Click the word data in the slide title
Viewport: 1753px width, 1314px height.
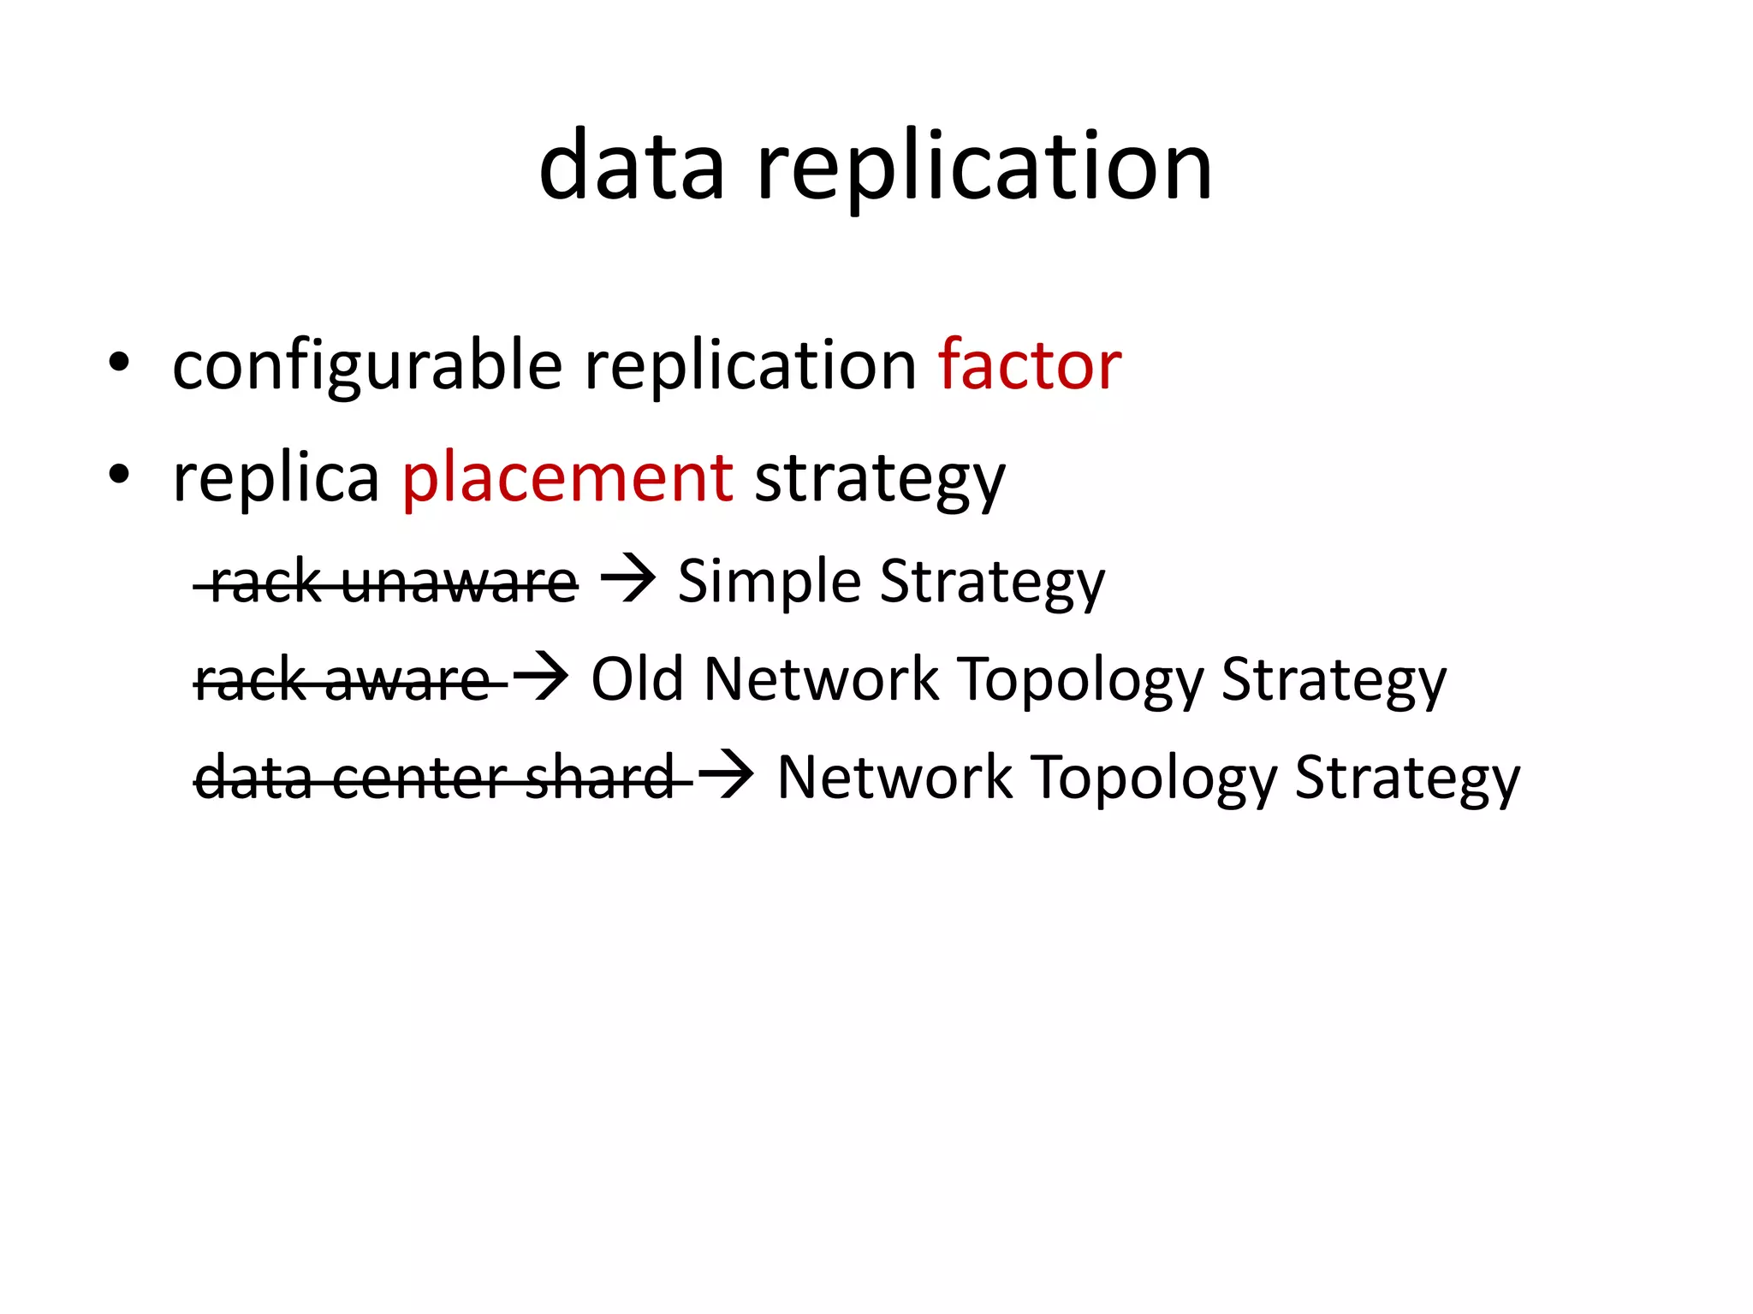pos(632,166)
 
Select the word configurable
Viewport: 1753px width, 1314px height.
pos(367,366)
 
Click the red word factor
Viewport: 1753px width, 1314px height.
pos(1030,364)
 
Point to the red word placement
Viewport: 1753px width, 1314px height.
pos(567,477)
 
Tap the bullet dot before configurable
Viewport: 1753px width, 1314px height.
pos(119,363)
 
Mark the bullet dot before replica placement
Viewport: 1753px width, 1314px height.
pos(119,473)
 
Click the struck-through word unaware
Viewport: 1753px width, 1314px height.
pos(460,583)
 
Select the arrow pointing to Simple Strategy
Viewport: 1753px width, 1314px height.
pos(628,579)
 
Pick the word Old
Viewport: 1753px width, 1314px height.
pos(638,679)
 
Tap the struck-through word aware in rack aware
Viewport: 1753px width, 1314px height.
pos(407,681)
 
